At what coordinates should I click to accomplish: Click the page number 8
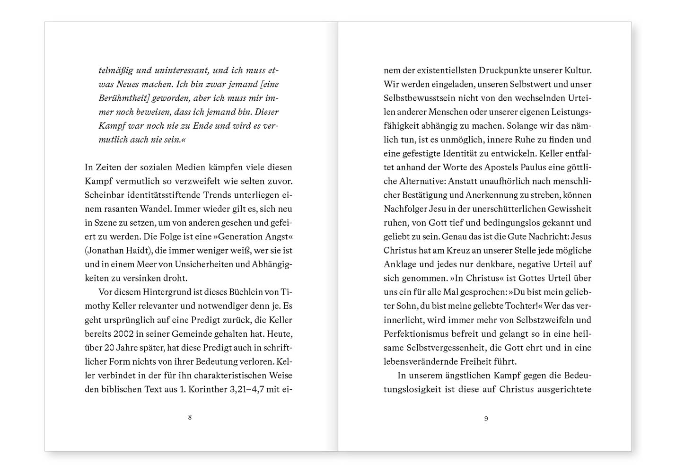tap(190, 417)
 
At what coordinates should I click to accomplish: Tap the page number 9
tap(486, 419)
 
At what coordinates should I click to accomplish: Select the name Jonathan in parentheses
tap(108, 251)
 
